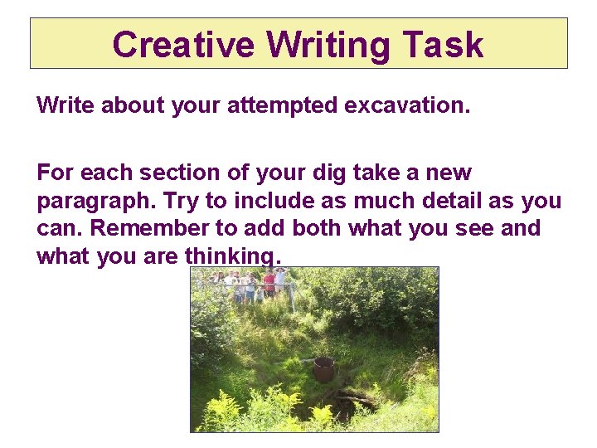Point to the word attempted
pyautogui.click(x=282, y=106)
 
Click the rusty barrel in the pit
pyautogui.click(x=323, y=368)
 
